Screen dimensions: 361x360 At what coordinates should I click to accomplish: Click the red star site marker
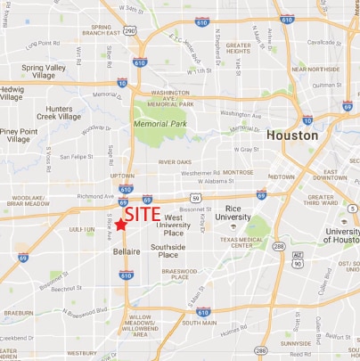[x=119, y=225]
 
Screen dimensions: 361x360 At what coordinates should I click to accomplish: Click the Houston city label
[x=292, y=135]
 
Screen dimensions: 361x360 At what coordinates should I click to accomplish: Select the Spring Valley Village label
[x=45, y=71]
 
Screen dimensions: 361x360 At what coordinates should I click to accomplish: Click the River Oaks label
[x=175, y=162]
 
